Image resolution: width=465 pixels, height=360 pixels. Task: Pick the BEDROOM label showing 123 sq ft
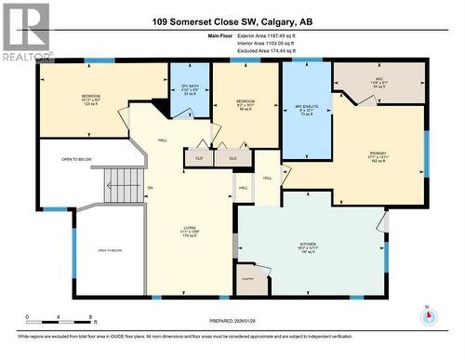click(x=90, y=99)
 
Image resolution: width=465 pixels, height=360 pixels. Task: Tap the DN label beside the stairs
click(x=149, y=189)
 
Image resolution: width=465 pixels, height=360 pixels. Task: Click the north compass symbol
click(x=428, y=314)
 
